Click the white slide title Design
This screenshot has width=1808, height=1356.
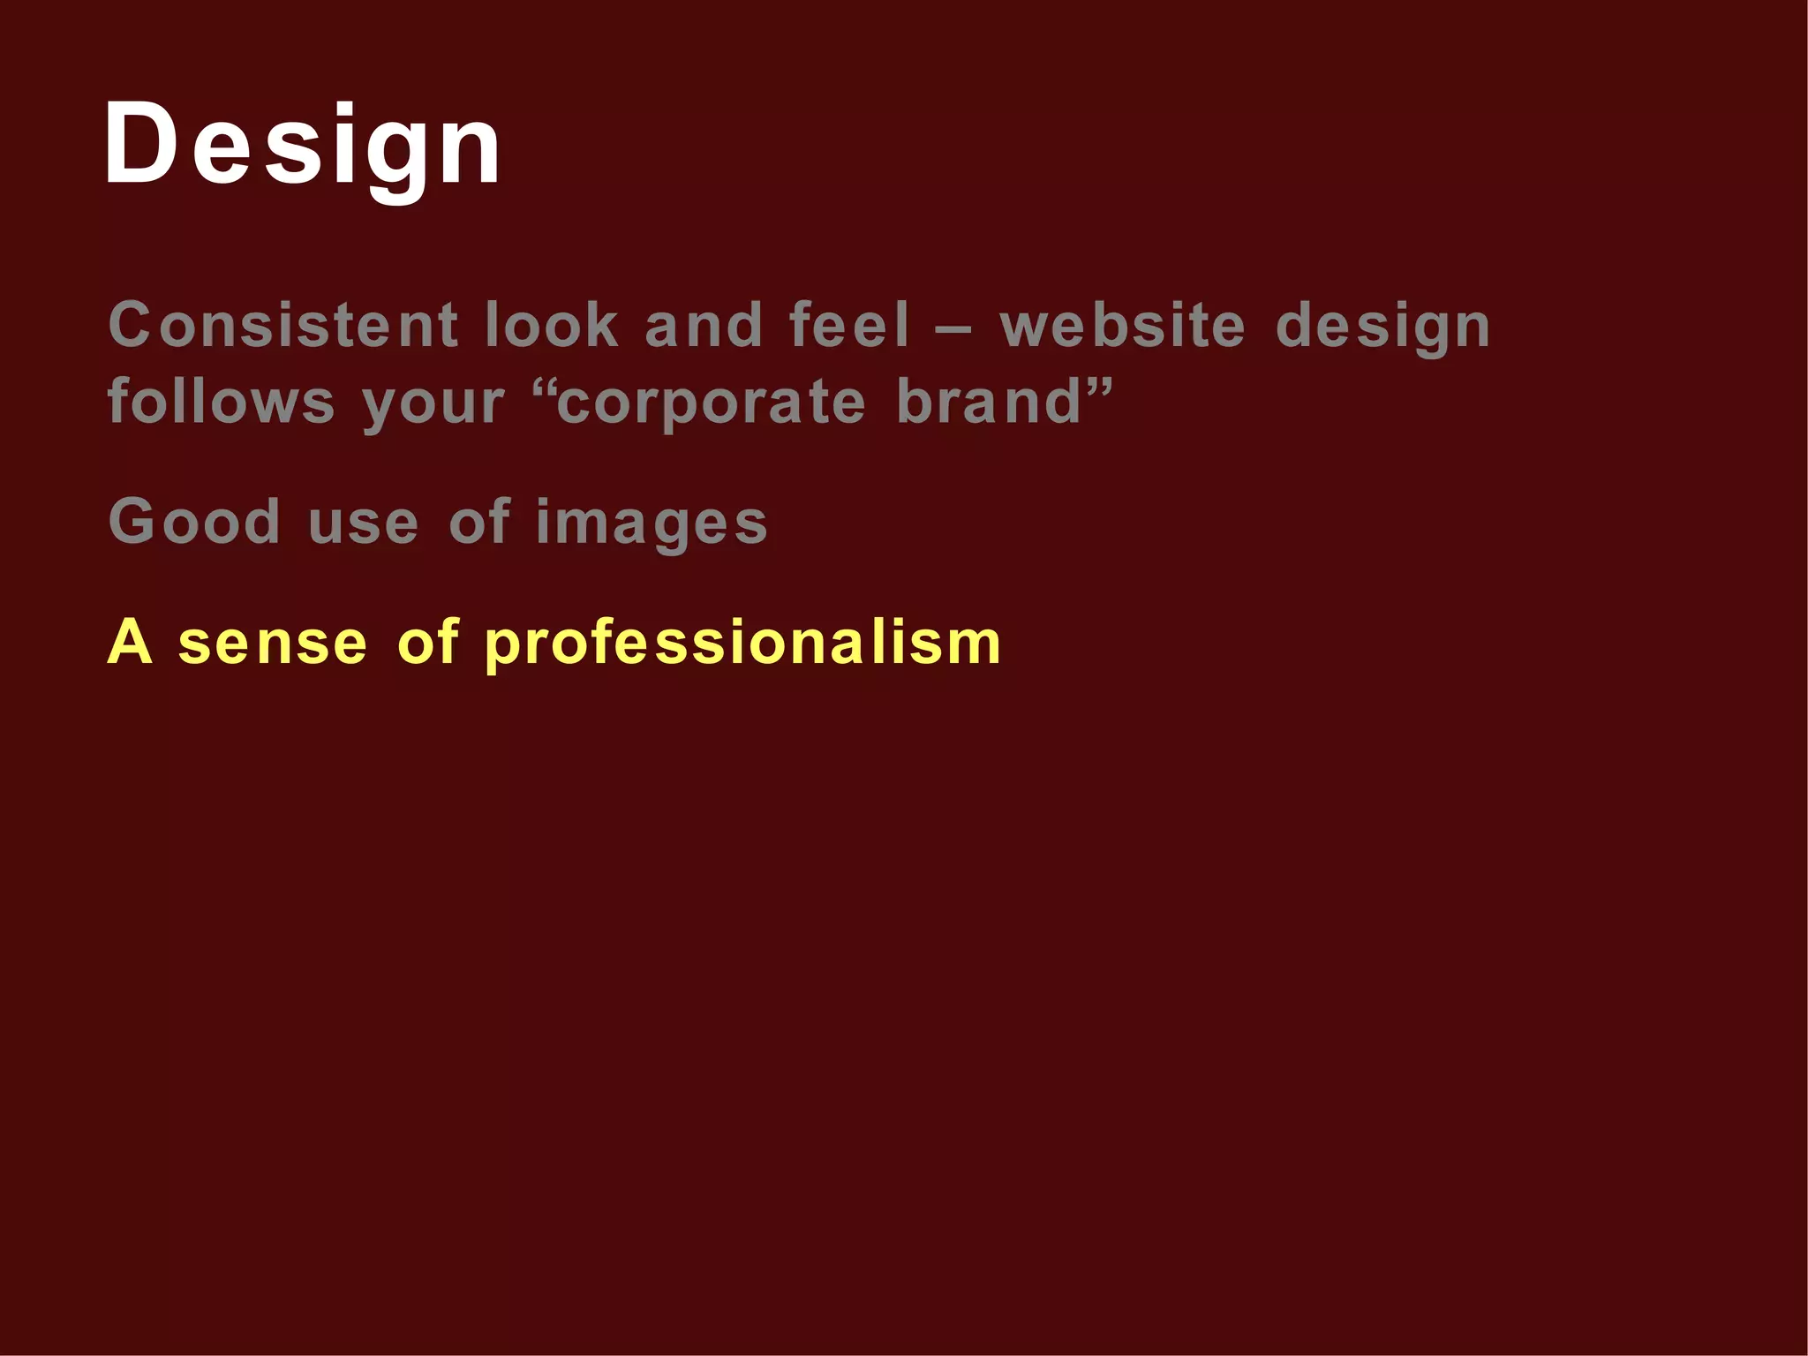tap(302, 146)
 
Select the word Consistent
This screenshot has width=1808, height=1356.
tap(283, 325)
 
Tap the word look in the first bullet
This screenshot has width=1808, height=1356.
tap(552, 325)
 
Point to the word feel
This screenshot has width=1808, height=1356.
tap(848, 325)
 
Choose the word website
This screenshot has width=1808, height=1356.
tap(1122, 325)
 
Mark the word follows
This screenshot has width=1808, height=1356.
tap(221, 402)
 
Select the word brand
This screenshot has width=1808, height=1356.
tap(990, 402)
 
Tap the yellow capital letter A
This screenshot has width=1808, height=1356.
tap(130, 642)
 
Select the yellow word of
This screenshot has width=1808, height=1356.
tap(428, 642)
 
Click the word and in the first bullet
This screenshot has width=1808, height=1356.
tap(704, 325)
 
